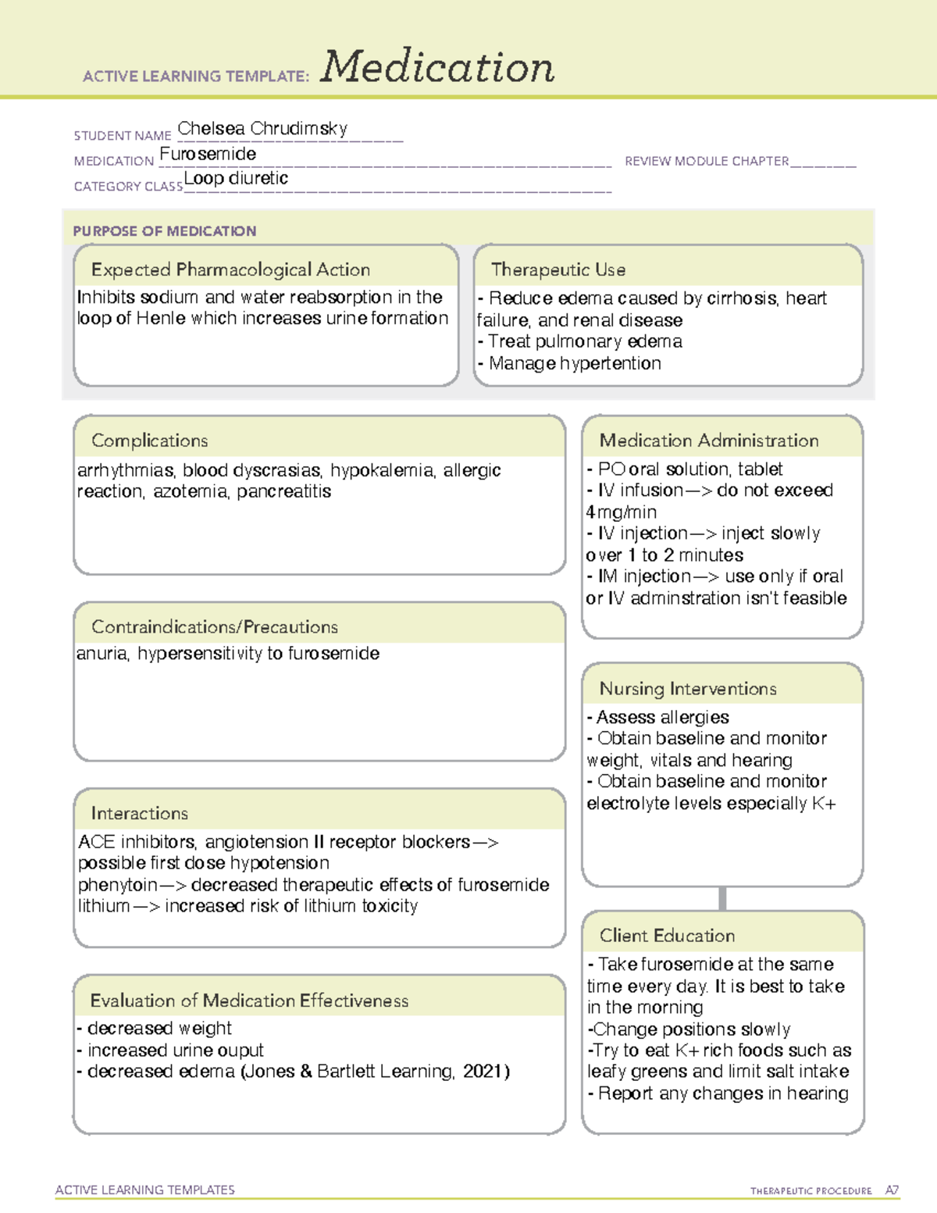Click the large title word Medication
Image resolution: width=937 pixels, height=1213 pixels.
tap(437, 67)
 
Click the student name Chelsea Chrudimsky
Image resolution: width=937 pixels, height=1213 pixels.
tap(262, 129)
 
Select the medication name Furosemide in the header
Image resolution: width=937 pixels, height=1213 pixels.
tap(208, 155)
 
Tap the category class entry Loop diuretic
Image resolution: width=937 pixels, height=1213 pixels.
tap(236, 179)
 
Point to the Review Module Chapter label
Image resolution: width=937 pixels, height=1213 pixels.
tap(707, 162)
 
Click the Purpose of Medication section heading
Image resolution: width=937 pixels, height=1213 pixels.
tap(165, 231)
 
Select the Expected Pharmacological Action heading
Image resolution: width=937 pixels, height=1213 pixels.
tap(230, 270)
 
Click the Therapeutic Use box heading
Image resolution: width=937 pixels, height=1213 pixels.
tap(558, 270)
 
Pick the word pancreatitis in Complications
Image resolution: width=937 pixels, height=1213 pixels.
tap(284, 492)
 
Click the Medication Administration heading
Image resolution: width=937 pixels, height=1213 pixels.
tap(709, 441)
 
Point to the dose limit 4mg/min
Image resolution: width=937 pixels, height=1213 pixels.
tap(622, 512)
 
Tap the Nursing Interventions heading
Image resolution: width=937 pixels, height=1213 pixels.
tap(688, 689)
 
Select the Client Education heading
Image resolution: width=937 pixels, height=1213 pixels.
tap(667, 936)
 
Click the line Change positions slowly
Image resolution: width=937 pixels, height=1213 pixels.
tap(691, 1029)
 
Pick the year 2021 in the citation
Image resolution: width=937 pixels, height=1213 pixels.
tap(483, 1072)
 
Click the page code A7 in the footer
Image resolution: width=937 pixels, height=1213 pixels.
tap(892, 1190)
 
